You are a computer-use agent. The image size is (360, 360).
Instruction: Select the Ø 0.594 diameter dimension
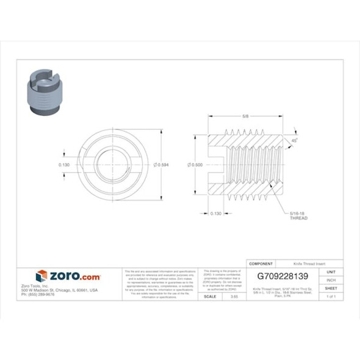pyautogui.click(x=162, y=165)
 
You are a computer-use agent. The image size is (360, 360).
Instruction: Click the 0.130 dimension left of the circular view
pyautogui.click(x=64, y=165)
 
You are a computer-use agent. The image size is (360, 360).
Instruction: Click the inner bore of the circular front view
pyautogui.click(x=110, y=165)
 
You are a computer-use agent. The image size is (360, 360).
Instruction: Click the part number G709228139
pyautogui.click(x=284, y=275)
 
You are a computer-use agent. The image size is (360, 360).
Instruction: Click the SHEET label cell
pyautogui.click(x=331, y=288)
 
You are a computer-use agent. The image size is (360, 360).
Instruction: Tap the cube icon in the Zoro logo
pyautogui.click(x=41, y=276)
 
